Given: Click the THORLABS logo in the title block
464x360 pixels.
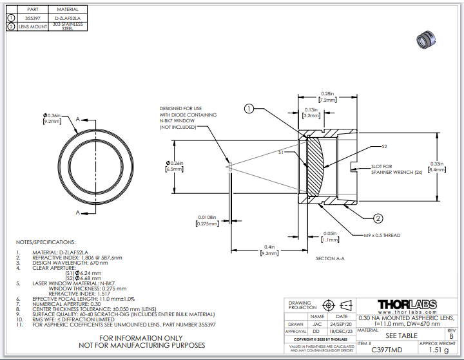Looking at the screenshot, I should click(x=407, y=304).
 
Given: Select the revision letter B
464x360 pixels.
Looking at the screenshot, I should click(x=450, y=336).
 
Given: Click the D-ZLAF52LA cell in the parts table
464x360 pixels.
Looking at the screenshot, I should click(x=68, y=18).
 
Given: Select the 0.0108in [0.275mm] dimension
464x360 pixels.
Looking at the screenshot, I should click(x=207, y=220).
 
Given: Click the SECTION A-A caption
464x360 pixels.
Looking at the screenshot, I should click(x=330, y=258).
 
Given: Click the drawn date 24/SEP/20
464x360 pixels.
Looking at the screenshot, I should click(x=342, y=324).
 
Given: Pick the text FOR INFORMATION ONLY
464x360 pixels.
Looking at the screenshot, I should click(x=142, y=337).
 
